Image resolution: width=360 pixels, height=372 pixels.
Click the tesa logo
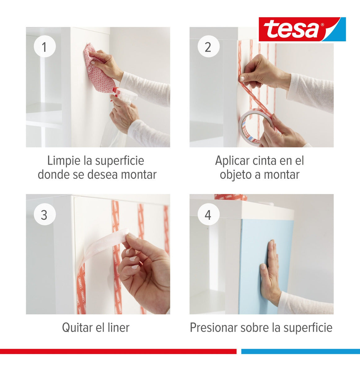pos(302,29)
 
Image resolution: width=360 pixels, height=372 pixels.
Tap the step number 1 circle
pos(45,46)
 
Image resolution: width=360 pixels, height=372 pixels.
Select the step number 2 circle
pos(209,46)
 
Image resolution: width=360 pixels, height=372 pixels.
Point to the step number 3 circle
pos(45,214)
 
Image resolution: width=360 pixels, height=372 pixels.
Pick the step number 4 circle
pos(209,214)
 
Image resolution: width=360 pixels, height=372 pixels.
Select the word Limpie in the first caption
pos(64,161)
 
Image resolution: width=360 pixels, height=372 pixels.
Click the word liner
pos(118,327)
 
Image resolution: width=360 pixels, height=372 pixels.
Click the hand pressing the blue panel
pos(270,273)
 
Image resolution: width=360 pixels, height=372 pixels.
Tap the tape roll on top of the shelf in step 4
pos(230,197)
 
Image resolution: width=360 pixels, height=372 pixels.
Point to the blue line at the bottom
pos(301,351)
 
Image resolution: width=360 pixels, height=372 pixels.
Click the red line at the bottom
pos(118,351)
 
